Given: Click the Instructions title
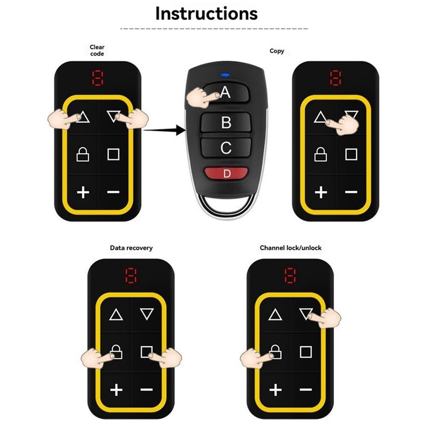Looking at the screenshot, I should [x=206, y=13].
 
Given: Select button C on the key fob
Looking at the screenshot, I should [x=226, y=148].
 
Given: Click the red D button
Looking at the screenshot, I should [x=226, y=173].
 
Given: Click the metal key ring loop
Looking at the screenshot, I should [x=225, y=206].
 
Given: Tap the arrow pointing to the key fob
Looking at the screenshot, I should [x=163, y=129].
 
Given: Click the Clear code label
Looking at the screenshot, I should [x=97, y=50].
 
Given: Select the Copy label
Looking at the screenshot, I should [x=277, y=51].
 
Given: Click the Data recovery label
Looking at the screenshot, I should [x=131, y=248].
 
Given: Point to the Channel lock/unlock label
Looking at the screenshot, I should [x=291, y=248].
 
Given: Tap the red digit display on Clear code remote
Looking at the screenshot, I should [x=97, y=79].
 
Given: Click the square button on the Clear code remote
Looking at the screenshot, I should [x=113, y=155].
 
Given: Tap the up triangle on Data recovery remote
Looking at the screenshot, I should [x=116, y=315].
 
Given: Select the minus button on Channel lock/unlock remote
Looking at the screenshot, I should [x=305, y=390].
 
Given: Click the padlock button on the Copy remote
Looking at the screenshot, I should [x=320, y=155].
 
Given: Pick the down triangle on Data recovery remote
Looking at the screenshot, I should [x=147, y=315].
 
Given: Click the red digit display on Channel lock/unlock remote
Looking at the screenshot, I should [x=290, y=276].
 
